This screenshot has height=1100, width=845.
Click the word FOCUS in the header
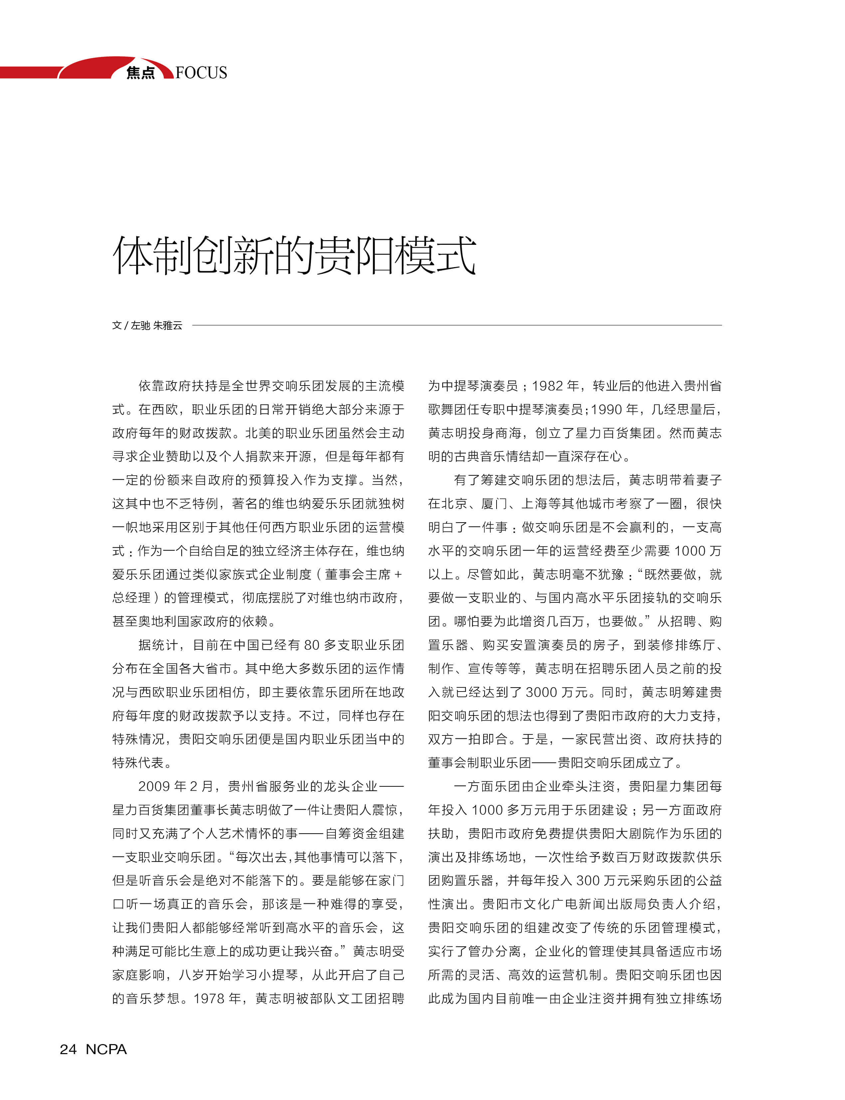tap(201, 73)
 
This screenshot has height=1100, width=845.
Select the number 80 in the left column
tap(312, 645)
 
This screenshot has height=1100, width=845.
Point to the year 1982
tap(547, 386)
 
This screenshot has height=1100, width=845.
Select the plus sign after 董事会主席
tap(398, 574)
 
